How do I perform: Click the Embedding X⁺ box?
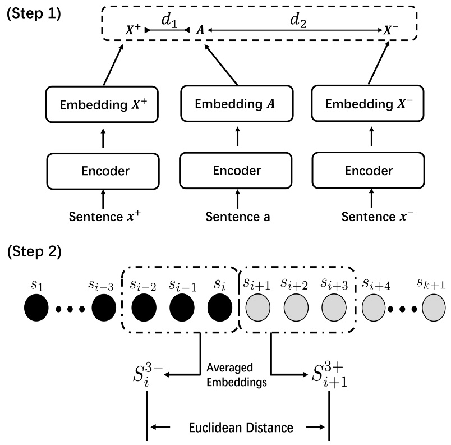tap(102, 104)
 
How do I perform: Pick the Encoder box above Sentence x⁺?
tap(102, 170)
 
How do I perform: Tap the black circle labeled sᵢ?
tap(220, 309)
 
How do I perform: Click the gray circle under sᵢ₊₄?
tap(374, 309)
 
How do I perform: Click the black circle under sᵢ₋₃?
tap(104, 309)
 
